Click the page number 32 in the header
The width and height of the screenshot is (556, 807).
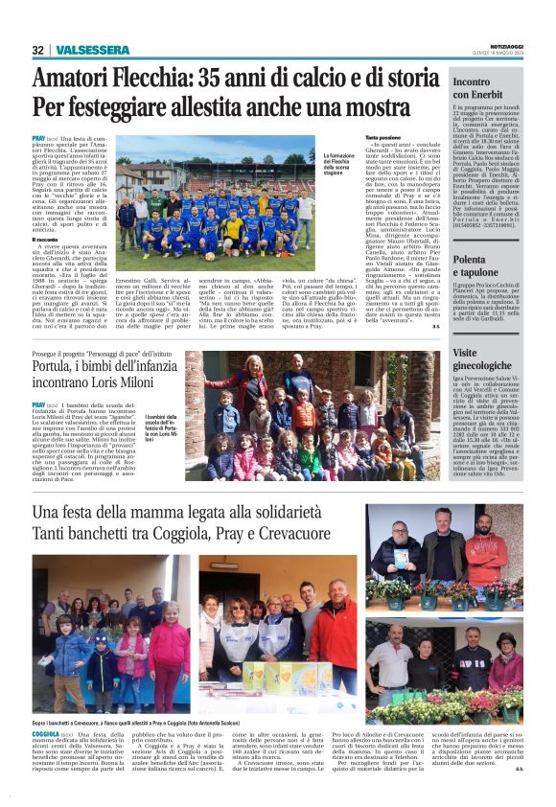point(38,50)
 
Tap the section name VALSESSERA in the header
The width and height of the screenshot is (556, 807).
point(91,50)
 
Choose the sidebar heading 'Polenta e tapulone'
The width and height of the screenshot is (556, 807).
point(484,265)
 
